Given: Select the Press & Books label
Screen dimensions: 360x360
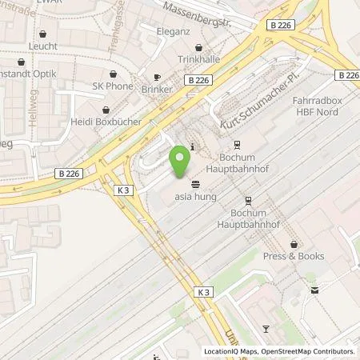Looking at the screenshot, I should pyautogui.click(x=294, y=257).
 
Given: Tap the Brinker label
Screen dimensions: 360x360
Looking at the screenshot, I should pyautogui.click(x=156, y=90).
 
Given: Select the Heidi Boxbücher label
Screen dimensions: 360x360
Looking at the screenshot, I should pyautogui.click(x=106, y=122).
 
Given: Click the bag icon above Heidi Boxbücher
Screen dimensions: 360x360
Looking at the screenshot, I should pyautogui.click(x=106, y=110).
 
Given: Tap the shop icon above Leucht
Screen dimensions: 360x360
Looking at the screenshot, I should pyautogui.click(x=42, y=35).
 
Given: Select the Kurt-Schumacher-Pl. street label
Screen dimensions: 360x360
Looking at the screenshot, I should pyautogui.click(x=257, y=118).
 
